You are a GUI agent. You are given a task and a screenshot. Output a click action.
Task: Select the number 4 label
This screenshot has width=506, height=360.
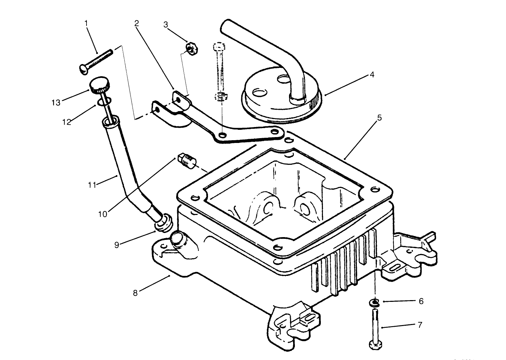(372, 74)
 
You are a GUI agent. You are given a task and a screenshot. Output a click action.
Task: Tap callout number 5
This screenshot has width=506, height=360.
(379, 118)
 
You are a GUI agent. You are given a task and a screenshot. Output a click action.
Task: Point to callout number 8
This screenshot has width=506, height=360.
(135, 293)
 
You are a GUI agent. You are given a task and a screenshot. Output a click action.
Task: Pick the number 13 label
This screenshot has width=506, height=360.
(56, 102)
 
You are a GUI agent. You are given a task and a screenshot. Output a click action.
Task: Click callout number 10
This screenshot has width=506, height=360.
(103, 214)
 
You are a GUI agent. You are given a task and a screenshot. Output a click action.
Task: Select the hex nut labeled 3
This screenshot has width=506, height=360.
(191, 48)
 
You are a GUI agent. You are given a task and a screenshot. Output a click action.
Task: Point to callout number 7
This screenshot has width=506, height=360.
(420, 325)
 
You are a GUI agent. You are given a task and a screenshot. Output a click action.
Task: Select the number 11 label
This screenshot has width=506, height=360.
(92, 185)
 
